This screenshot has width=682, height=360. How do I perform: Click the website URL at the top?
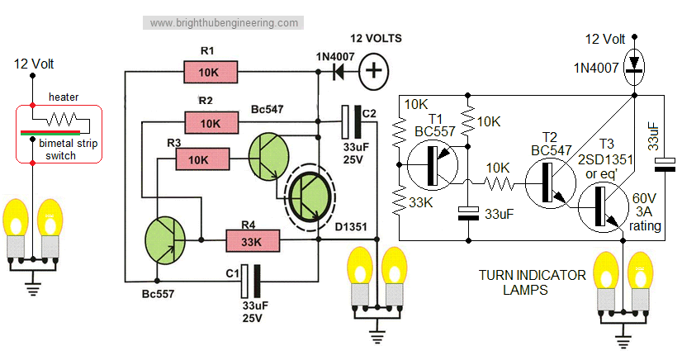pos(224,23)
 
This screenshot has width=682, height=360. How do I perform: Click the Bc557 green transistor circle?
pos(166,239)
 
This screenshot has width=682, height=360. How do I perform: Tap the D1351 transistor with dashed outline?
pos(310,197)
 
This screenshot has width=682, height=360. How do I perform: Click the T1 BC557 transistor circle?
pos(435,164)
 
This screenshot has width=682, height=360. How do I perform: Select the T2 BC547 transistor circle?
pos(548,182)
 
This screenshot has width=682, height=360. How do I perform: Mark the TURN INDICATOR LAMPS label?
pos(532,282)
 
